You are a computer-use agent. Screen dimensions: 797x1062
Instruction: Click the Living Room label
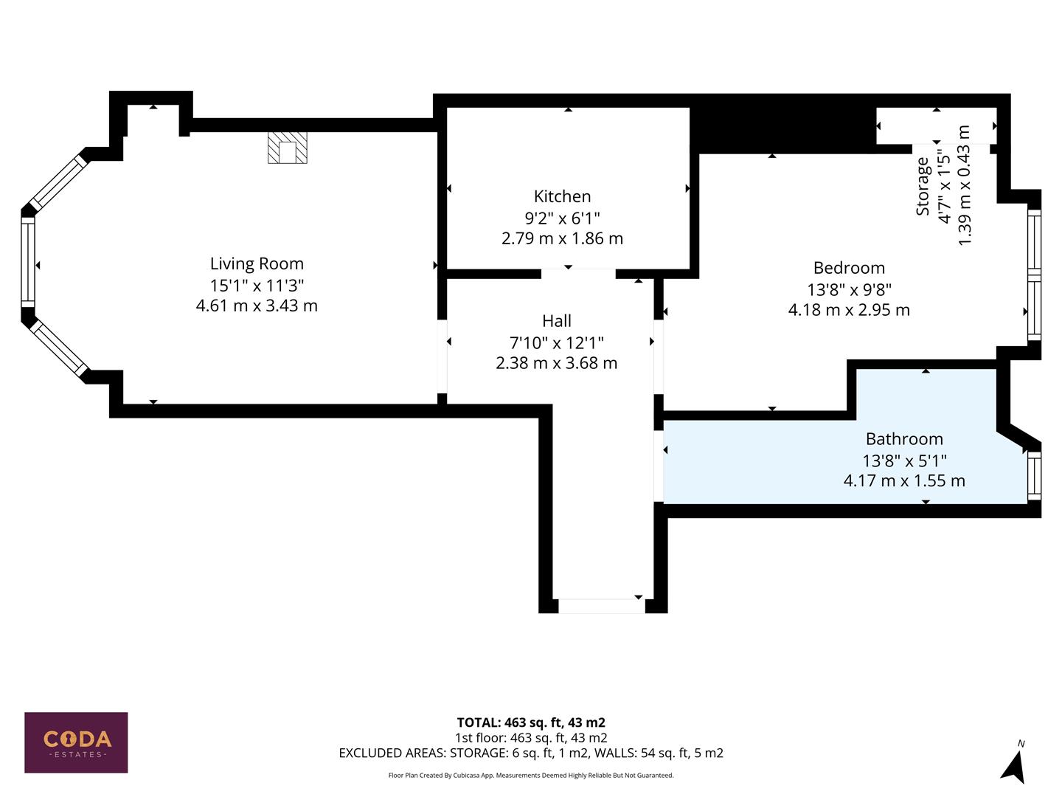(x=257, y=263)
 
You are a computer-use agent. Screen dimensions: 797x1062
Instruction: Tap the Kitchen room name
(x=562, y=196)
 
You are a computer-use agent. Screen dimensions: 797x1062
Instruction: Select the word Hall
(x=556, y=321)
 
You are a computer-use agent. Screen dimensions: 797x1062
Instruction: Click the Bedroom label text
(x=849, y=268)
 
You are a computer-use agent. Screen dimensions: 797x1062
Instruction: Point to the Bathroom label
(x=904, y=439)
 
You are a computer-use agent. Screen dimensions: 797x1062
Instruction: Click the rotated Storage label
(x=923, y=186)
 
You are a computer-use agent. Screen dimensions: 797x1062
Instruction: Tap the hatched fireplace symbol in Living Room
(x=287, y=148)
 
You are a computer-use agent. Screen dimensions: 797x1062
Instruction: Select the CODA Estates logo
(x=76, y=742)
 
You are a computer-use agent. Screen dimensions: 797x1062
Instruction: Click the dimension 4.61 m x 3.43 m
(x=257, y=306)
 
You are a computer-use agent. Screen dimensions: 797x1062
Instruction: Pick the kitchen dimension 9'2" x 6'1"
(x=562, y=218)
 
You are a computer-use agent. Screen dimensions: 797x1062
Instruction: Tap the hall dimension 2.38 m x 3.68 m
(x=556, y=363)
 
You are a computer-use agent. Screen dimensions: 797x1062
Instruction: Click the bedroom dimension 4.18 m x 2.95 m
(x=849, y=310)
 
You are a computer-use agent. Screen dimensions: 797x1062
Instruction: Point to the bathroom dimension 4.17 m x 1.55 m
(x=904, y=481)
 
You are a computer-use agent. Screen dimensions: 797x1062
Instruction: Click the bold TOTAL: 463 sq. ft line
(x=531, y=722)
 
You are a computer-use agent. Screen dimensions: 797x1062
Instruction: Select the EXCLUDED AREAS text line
(x=531, y=753)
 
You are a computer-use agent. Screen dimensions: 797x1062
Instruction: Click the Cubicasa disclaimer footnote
(x=531, y=776)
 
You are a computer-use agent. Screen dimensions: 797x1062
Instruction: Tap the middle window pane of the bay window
(x=28, y=263)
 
